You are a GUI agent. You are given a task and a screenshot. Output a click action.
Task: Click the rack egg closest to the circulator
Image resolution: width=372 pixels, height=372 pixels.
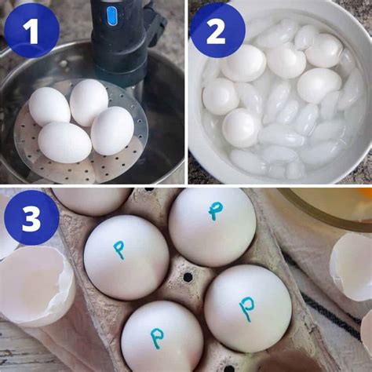coord(89,102)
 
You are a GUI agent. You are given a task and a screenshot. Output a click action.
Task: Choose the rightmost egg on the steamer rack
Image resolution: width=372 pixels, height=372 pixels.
coord(113,129)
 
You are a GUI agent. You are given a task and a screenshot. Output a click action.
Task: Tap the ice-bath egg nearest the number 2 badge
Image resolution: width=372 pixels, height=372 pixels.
coord(243,63)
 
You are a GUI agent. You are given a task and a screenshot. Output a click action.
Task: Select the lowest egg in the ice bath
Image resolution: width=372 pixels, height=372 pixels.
coord(241,127)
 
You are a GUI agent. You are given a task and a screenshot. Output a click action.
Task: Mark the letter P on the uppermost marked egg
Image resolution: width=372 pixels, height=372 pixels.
coord(215,210)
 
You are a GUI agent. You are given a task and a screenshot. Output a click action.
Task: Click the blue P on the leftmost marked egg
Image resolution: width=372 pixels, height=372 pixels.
coord(119,250)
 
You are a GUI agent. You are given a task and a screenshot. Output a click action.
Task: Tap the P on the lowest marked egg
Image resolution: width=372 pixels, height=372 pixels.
coord(157,338)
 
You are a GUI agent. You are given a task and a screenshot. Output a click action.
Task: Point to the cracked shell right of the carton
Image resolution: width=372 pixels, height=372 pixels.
coord(351,267)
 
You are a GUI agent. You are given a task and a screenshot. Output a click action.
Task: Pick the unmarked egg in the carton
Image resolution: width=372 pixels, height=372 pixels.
coord(92,200)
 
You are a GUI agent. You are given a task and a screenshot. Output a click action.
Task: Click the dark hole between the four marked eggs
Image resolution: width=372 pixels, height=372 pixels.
coord(188,277)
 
